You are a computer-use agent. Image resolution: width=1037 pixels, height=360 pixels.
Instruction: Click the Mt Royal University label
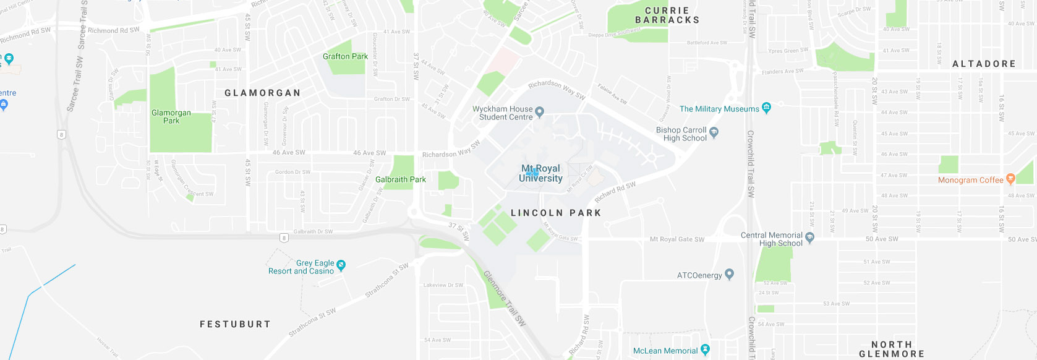[540, 173]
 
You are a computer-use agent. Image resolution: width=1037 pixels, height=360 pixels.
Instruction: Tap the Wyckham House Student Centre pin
[539, 112]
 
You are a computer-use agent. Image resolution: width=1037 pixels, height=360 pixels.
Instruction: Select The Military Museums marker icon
[767, 108]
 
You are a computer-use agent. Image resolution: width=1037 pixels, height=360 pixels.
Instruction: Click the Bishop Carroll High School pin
[714, 132]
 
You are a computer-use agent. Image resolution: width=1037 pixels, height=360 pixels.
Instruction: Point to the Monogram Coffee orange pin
[1010, 179]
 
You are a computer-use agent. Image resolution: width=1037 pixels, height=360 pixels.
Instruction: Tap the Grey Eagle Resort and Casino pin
[341, 265]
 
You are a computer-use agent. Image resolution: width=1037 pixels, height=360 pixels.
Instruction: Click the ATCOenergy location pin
[729, 273]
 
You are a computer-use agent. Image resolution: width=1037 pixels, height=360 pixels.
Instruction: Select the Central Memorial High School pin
[810, 237]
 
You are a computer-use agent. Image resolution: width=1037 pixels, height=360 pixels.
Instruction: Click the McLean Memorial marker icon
[705, 349]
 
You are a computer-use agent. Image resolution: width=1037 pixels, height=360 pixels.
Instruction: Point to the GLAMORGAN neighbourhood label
[263, 93]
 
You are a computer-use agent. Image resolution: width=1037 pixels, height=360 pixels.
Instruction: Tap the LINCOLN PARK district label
[556, 213]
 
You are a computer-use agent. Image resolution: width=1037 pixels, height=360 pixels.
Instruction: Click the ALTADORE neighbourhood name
[984, 64]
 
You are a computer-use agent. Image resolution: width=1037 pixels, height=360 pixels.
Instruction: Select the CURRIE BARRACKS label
[667, 15]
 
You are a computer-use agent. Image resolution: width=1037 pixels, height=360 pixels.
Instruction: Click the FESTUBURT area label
[235, 324]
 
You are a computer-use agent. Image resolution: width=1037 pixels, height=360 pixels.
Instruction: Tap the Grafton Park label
[345, 56]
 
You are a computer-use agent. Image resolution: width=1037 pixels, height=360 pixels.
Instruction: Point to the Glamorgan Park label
[171, 117]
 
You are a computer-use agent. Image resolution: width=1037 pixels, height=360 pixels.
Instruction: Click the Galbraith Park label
[401, 179]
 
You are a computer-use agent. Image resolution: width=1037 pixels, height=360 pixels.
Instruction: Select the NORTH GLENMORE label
[892, 349]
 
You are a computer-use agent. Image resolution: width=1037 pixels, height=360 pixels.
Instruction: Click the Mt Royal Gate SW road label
[676, 239]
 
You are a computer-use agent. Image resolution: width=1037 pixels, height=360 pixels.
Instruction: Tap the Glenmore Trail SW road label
[505, 298]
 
